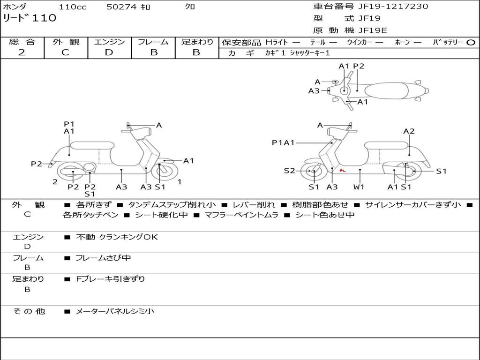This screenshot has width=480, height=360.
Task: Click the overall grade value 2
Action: pyautogui.click(x=22, y=52)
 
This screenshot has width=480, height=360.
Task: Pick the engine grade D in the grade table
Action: pyautogui.click(x=109, y=52)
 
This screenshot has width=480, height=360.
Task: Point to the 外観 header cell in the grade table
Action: pyautogui.click(x=66, y=42)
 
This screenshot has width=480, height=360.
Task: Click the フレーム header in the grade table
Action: pyautogui.click(x=153, y=42)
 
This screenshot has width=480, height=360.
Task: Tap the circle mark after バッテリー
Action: pyautogui.click(x=471, y=43)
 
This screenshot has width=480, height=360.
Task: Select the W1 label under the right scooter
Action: pyautogui.click(x=360, y=187)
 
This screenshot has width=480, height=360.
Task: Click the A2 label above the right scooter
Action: pyautogui.click(x=409, y=131)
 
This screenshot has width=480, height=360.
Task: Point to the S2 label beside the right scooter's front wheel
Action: pyautogui.click(x=289, y=171)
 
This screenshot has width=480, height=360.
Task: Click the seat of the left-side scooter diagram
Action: pyautogui.click(x=92, y=145)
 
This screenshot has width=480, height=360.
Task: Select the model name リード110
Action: pyautogui.click(x=30, y=18)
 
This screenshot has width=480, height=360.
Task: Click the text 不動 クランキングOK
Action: pyautogui.click(x=117, y=237)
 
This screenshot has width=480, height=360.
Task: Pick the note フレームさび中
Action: pyautogui.click(x=103, y=258)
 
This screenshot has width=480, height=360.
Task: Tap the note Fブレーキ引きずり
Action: pyautogui.click(x=110, y=279)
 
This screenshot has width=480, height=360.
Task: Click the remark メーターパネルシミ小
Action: pyautogui.click(x=115, y=311)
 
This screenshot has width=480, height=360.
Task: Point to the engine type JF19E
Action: pyautogui.click(x=372, y=30)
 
